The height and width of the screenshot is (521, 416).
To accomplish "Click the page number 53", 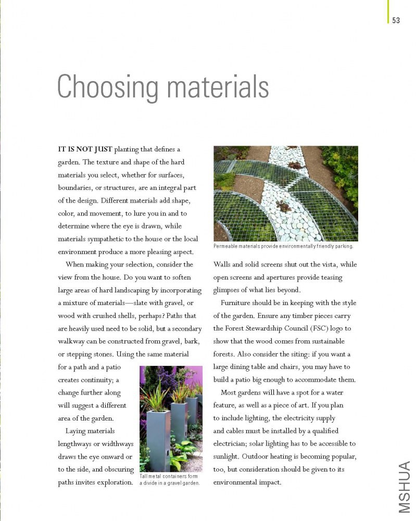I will point(396,20).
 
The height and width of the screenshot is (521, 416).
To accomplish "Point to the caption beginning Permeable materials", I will point(283,246).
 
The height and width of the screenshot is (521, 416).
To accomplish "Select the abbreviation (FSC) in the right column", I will point(311,328).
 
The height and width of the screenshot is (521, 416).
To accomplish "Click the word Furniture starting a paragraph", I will point(237,302).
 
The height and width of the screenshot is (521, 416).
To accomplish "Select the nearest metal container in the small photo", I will point(158,440).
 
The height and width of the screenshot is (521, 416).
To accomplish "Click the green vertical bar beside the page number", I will point(388,11).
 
